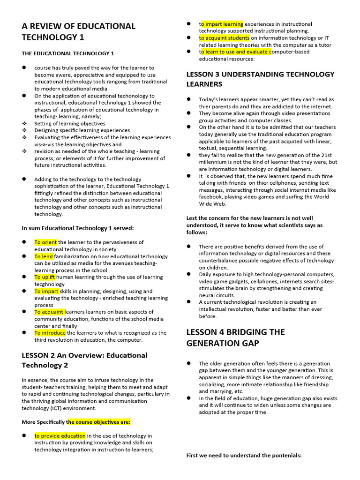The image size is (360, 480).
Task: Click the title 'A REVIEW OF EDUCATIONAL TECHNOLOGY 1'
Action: pyautogui.click(x=78, y=31)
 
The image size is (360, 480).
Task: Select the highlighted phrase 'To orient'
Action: pyautogui.click(x=46, y=242)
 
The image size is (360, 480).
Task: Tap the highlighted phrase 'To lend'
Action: pyautogui.click(x=44, y=256)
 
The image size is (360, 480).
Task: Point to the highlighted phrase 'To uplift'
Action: pyautogui.click(x=45, y=277)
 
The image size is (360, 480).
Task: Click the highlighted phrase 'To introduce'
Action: pyautogui.click(x=50, y=333)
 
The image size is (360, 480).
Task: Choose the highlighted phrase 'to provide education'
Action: pyautogui.click(x=60, y=436)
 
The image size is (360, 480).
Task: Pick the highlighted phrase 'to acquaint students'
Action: pyautogui.click(x=224, y=38)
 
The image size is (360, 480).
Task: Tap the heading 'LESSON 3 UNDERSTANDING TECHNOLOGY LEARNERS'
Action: pyautogui.click(x=260, y=79)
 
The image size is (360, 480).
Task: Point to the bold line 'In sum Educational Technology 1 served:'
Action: pyautogui.click(x=78, y=228)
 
